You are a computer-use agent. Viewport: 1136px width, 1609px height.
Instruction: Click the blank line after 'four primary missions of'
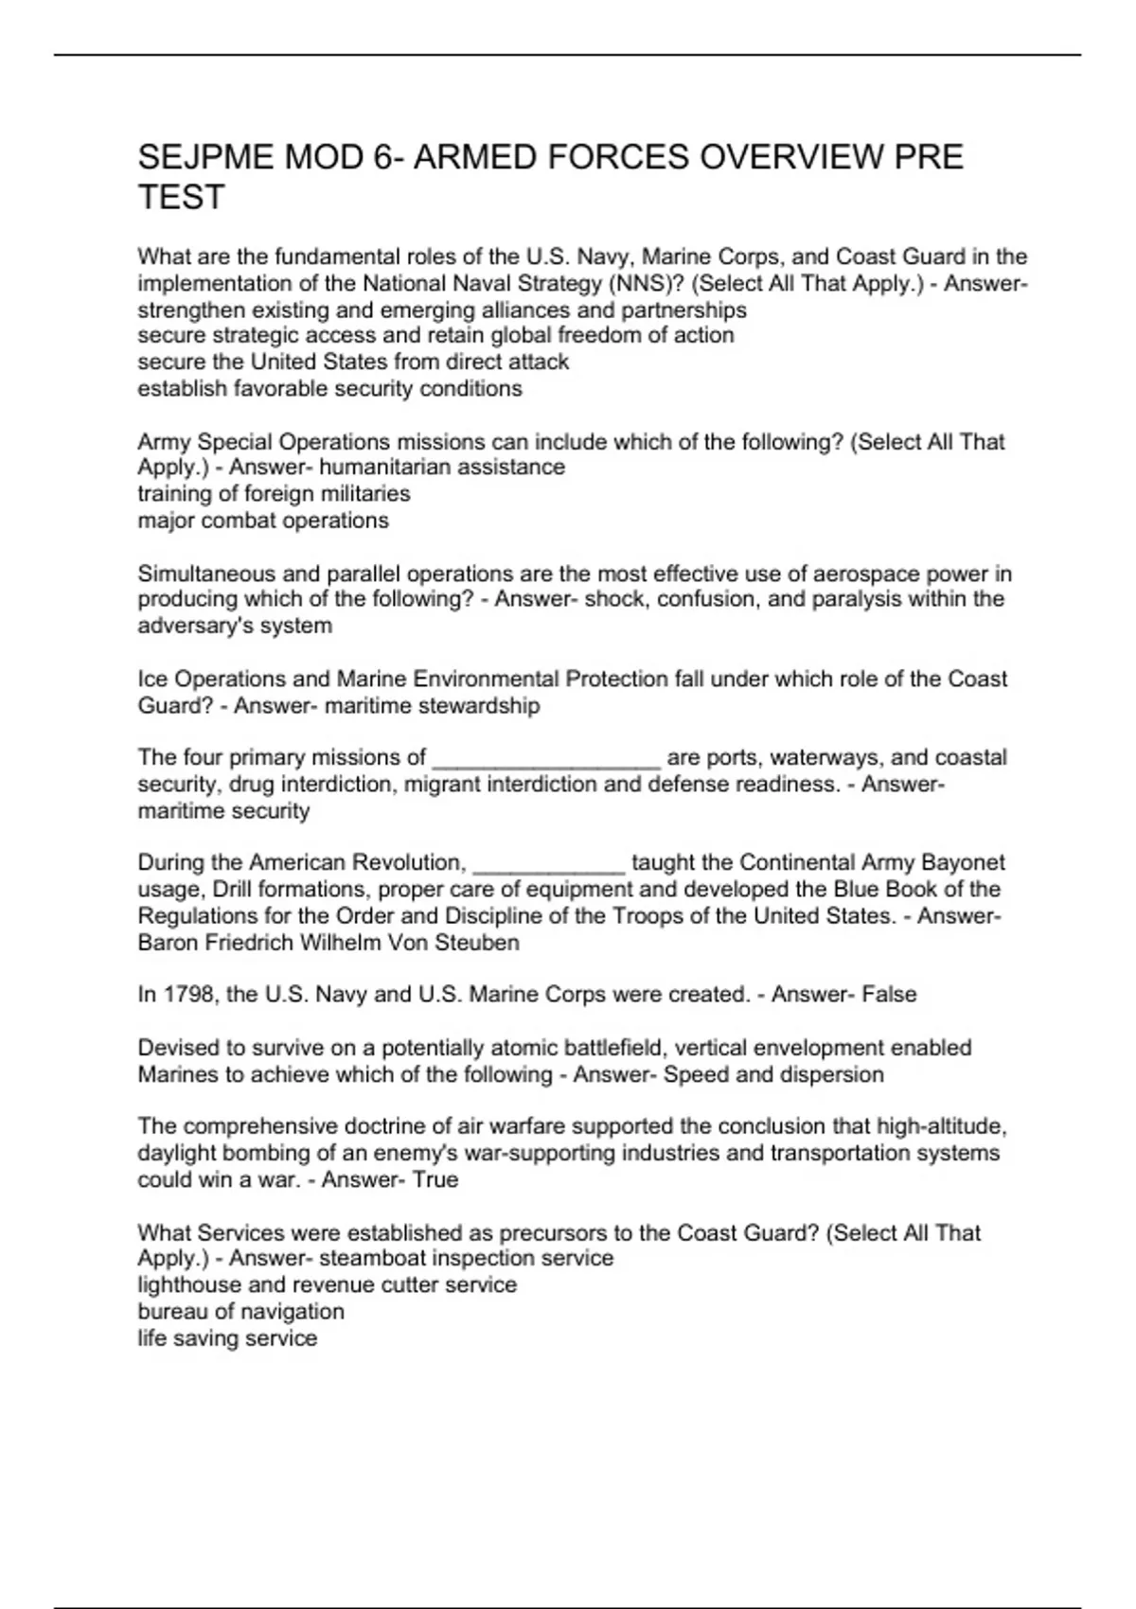[546, 758]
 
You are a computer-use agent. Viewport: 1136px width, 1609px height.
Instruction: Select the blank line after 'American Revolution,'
[548, 863]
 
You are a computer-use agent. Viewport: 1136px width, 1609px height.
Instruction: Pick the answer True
[435, 1179]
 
